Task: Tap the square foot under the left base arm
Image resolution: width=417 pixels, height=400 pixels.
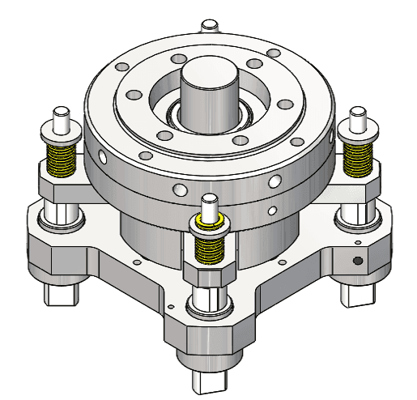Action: coord(63,291)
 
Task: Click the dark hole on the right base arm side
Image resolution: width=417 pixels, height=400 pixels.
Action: coord(357,261)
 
